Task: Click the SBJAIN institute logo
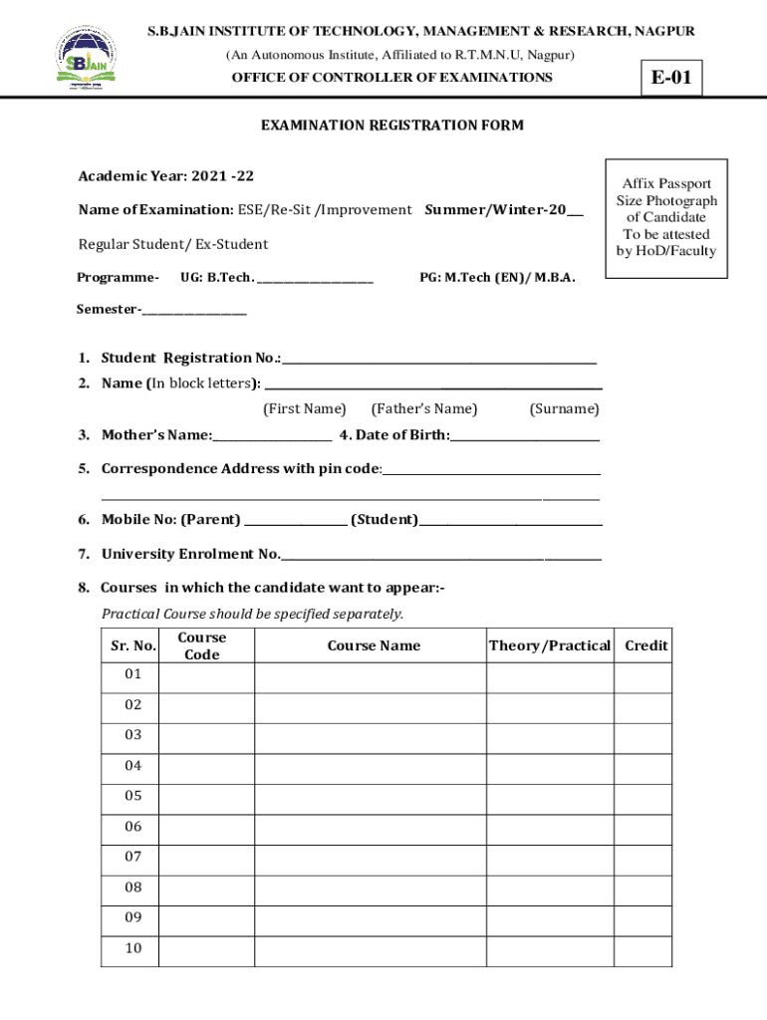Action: tap(85, 58)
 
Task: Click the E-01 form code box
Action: tap(671, 78)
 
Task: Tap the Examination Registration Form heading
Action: tap(391, 126)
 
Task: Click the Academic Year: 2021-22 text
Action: tap(166, 176)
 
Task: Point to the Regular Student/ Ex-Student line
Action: tap(173, 244)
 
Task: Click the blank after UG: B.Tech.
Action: tap(316, 279)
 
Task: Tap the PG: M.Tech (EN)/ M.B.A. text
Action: tap(497, 278)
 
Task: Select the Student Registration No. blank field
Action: tap(439, 360)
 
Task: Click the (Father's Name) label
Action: tap(423, 408)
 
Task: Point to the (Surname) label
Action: tap(564, 408)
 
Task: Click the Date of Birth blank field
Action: tap(525, 436)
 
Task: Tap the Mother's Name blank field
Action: tap(272, 436)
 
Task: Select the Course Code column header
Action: tap(201, 645)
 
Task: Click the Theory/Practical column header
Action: tap(549, 645)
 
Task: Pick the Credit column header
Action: tap(645, 645)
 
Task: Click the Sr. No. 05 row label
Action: tap(133, 796)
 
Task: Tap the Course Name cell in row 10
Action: tap(370, 949)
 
